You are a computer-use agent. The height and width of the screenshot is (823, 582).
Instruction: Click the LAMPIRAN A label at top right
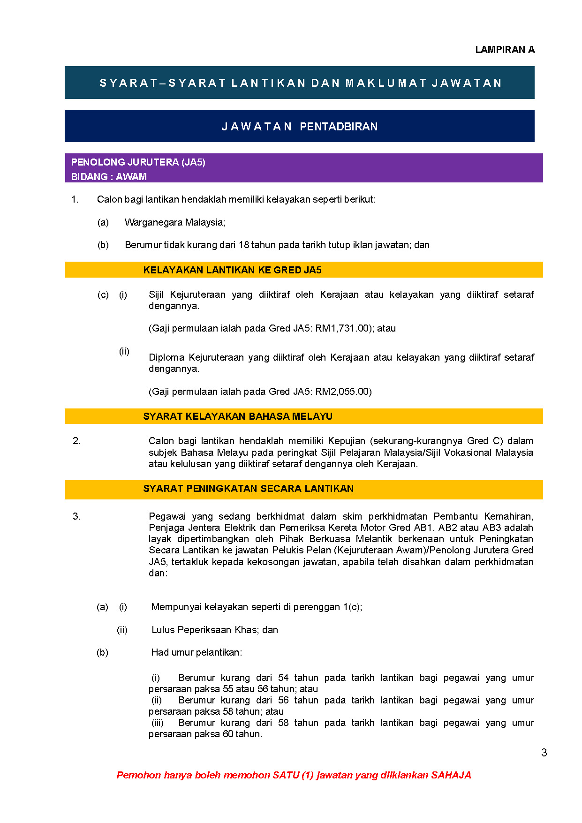point(505,50)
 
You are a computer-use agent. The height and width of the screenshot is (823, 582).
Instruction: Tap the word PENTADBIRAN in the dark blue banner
point(339,127)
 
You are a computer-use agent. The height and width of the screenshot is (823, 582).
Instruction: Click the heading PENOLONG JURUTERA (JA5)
point(138,162)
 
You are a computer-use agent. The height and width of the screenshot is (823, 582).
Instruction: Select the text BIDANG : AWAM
point(109,177)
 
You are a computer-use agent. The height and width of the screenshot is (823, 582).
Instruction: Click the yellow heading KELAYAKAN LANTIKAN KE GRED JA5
point(232,270)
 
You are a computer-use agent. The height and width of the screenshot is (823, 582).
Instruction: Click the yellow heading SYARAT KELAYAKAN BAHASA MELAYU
point(238,416)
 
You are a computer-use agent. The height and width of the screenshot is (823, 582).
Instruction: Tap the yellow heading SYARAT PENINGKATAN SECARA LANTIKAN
point(248,489)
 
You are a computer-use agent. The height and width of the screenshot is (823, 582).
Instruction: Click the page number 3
point(544,753)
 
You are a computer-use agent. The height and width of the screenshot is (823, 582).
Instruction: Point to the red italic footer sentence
point(294,775)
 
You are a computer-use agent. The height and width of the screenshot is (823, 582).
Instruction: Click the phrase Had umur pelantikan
point(196,652)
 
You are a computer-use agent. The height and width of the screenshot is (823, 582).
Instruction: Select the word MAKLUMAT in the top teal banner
point(386,83)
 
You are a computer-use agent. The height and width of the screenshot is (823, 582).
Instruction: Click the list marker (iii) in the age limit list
point(157,723)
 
